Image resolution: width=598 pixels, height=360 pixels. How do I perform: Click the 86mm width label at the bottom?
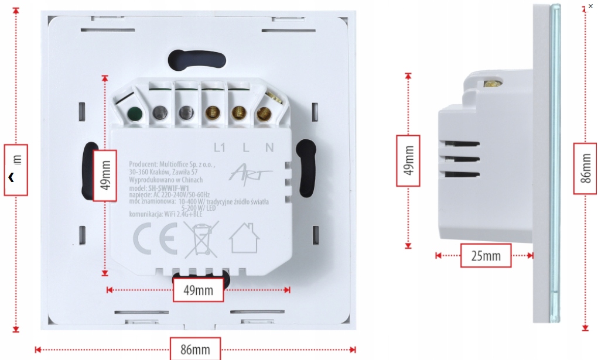click(195, 349)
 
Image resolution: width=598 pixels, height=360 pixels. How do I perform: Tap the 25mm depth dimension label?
click(486, 256)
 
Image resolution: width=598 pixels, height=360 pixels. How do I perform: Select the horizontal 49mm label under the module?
click(198, 290)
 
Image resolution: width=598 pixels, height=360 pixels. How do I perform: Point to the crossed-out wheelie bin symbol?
click(201, 239)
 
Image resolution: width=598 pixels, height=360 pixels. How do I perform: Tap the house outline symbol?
click(244, 238)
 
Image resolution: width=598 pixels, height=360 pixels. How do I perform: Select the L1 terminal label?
click(220, 148)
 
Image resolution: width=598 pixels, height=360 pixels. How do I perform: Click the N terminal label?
click(269, 148)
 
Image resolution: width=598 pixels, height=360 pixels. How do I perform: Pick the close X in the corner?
click(590, 6)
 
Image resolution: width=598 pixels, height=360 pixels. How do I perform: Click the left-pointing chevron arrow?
click(11, 176)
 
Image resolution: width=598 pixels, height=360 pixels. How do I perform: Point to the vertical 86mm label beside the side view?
click(586, 168)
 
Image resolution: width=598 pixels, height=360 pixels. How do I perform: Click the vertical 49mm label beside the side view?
click(408, 160)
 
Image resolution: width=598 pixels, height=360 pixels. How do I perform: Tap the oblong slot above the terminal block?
click(197, 59)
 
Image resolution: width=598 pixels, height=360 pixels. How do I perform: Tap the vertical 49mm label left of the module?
click(105, 174)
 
